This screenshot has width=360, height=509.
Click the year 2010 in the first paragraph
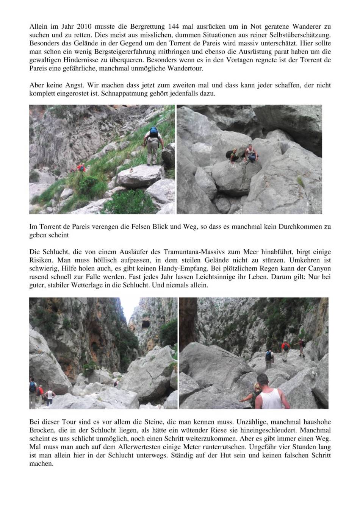pyautogui.click(x=85, y=27)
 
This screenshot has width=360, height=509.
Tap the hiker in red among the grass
pyautogui.click(x=80, y=168)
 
